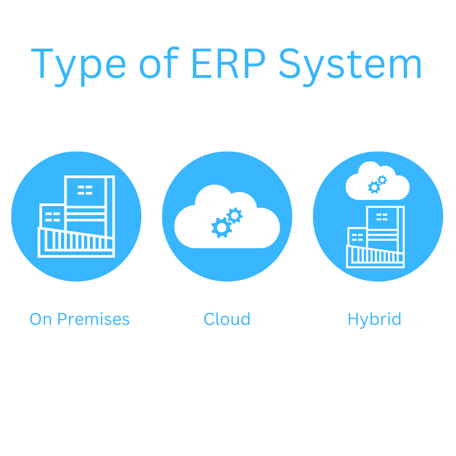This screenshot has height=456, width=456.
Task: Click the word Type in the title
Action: pyautogui.click(x=78, y=65)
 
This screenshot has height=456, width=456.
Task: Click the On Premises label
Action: pyautogui.click(x=79, y=319)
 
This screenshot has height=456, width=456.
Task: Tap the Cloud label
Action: pyautogui.click(x=227, y=319)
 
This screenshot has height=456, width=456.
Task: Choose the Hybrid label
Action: pyautogui.click(x=374, y=319)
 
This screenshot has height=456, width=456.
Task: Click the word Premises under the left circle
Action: pyautogui.click(x=93, y=319)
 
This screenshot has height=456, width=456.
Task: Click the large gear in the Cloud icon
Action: pyautogui.click(x=222, y=228)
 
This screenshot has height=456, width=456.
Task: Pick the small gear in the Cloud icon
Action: pyautogui.click(x=234, y=215)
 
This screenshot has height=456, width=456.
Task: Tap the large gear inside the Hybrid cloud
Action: pyautogui.click(x=374, y=187)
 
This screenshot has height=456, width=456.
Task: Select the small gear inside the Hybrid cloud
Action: pyautogui.click(x=382, y=180)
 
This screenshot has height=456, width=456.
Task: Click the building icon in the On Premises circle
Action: pyautogui.click(x=76, y=217)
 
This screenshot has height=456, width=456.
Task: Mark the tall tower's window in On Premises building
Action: pyautogui.click(x=85, y=190)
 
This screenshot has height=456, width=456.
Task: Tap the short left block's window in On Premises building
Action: pyautogui.click(x=52, y=217)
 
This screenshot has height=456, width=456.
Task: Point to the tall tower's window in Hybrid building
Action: pyautogui.click(x=382, y=217)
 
